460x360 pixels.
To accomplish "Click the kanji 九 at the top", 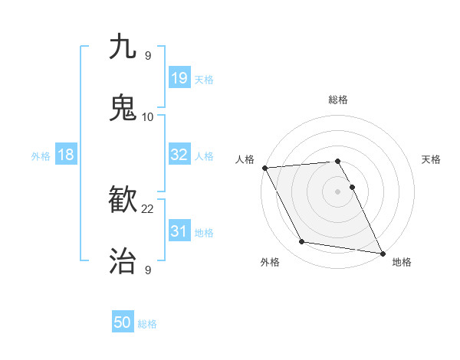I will [123, 47].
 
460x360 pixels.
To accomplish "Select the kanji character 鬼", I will [123, 108].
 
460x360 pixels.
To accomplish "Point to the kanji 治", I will [123, 261].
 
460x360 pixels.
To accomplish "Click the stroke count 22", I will [148, 208].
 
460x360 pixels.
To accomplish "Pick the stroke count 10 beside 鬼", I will [148, 116].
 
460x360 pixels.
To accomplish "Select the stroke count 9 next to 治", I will [148, 270].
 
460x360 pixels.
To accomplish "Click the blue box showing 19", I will [179, 77].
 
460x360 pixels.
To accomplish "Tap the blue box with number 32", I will [179, 155].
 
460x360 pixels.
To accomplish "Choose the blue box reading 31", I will [179, 231].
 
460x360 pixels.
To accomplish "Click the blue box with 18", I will [65, 155].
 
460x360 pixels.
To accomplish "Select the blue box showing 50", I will [123, 323].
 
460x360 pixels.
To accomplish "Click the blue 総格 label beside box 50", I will [148, 324].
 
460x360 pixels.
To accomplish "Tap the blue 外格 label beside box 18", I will [41, 155].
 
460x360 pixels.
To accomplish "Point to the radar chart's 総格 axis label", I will [338, 100].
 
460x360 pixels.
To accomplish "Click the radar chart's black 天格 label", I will [432, 159].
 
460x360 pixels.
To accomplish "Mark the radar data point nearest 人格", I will [264, 168].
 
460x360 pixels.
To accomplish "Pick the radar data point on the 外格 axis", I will [302, 242].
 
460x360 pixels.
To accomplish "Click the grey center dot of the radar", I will [338, 191].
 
